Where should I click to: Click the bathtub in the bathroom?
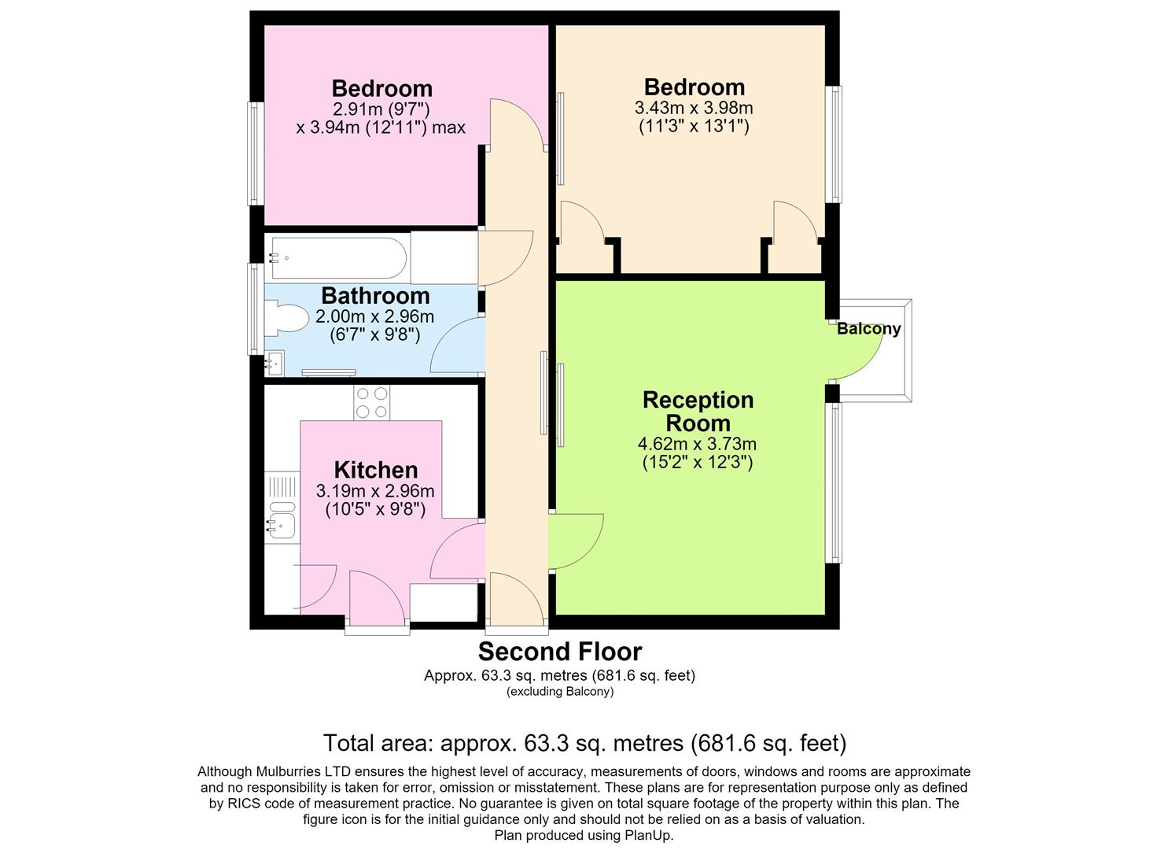[338, 258]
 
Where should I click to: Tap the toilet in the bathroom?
[286, 318]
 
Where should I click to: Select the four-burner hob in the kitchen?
[372, 403]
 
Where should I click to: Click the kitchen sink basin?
[282, 526]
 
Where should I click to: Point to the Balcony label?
[868, 329]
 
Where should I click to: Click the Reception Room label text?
[698, 411]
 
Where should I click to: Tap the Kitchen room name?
[376, 470]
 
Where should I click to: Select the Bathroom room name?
[375, 296]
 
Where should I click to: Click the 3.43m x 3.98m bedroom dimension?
[694, 108]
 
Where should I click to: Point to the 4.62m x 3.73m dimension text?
[697, 444]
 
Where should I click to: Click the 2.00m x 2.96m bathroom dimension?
[375, 316]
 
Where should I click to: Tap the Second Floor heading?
[560, 651]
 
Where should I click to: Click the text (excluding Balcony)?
[560, 691]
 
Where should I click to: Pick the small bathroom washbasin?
[274, 363]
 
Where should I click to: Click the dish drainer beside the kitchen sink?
[282, 487]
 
